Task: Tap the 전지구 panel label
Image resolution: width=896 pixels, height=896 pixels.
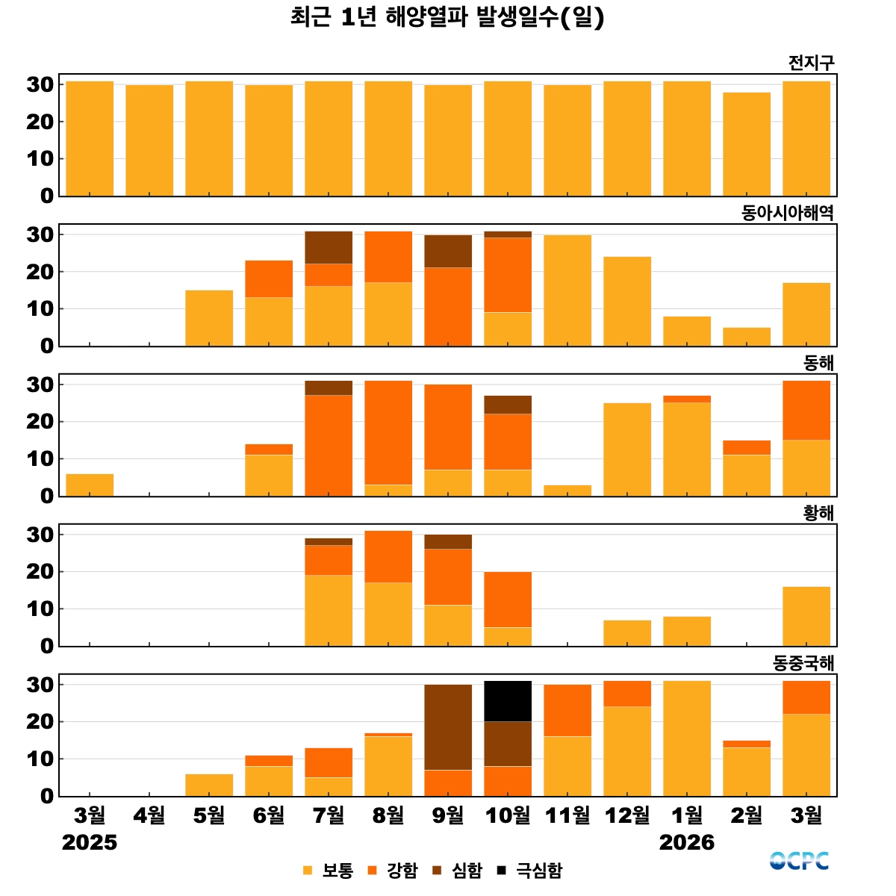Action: click(x=811, y=63)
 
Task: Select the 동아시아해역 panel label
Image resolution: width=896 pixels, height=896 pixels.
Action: click(x=787, y=214)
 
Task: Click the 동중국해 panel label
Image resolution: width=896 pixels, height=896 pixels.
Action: click(x=803, y=664)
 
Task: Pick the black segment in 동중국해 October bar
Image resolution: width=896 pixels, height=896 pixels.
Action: click(x=508, y=701)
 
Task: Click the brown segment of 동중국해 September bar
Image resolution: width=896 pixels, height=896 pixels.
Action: click(x=448, y=727)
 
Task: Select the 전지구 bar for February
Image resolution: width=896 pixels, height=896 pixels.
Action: click(x=747, y=144)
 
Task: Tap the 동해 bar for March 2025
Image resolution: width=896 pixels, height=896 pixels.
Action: click(x=90, y=485)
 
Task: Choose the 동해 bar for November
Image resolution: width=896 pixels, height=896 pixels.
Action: click(x=567, y=491)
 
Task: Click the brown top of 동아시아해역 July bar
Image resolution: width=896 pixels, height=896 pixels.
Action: click(x=329, y=247)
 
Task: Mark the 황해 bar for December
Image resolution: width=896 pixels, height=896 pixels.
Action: click(x=627, y=633)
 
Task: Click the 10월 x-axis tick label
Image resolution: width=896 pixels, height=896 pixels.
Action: click(x=508, y=815)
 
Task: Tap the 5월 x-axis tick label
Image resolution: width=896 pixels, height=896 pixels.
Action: click(x=209, y=815)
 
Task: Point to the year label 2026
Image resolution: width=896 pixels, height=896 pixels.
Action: click(x=686, y=843)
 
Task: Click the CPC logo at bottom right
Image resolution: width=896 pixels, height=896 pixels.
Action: click(x=799, y=861)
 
